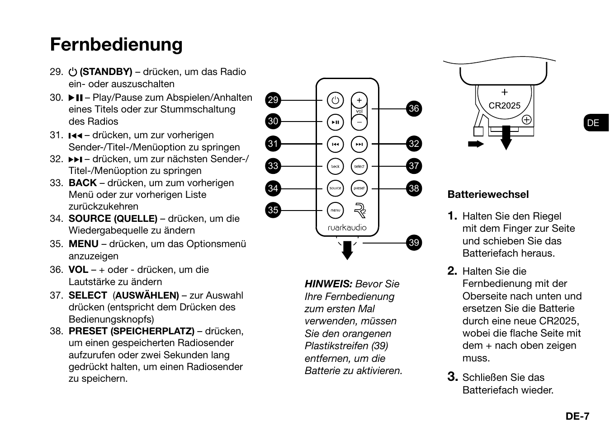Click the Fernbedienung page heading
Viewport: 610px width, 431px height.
click(x=116, y=45)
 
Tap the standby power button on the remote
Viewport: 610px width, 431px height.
click(x=335, y=100)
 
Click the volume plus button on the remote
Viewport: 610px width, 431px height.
click(x=359, y=100)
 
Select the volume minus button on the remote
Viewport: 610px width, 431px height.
click(x=359, y=122)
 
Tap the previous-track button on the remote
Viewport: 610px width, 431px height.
click(x=335, y=145)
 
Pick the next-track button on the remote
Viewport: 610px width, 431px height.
click(x=359, y=145)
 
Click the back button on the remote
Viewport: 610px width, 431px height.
click(x=335, y=166)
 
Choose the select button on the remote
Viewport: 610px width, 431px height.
click(x=359, y=166)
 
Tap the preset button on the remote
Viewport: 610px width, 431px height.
click(x=359, y=188)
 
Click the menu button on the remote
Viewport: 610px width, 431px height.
click(x=335, y=210)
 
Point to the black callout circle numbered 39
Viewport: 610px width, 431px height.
click(x=414, y=243)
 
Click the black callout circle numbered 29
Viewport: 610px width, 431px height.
click(x=273, y=100)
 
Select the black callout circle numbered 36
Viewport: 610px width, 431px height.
click(x=414, y=108)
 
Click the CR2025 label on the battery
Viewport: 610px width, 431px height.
click(x=505, y=106)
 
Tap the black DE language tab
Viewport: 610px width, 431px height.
click(x=594, y=123)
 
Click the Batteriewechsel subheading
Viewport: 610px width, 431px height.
click(x=488, y=195)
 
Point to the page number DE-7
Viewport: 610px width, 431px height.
click(x=577, y=416)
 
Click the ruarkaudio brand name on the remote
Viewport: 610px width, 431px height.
click(x=347, y=228)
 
